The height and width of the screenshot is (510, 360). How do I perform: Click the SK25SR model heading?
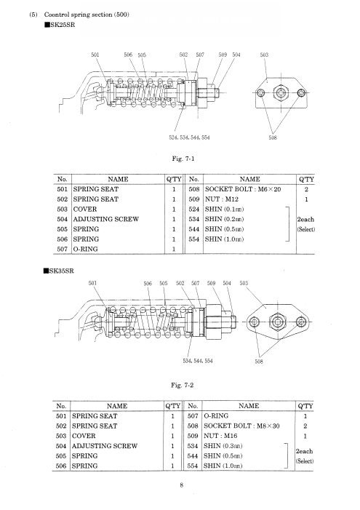click(x=60, y=25)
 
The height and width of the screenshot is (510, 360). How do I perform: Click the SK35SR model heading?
click(x=59, y=271)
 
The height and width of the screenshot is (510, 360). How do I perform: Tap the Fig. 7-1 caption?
click(x=183, y=159)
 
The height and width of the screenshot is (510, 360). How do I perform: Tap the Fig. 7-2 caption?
click(x=182, y=386)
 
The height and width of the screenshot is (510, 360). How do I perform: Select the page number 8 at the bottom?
click(x=182, y=485)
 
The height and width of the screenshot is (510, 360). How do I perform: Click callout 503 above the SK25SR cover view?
click(x=265, y=55)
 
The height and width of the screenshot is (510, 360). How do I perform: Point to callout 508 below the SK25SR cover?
click(x=273, y=138)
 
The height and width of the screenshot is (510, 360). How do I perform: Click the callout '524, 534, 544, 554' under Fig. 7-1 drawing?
click(x=189, y=138)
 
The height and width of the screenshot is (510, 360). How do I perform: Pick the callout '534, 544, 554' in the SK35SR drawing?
click(x=198, y=361)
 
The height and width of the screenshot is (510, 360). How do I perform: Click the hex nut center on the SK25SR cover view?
click(x=281, y=93)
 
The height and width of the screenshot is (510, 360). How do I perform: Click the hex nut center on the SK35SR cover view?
click(x=277, y=322)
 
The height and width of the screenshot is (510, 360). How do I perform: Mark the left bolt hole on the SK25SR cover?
click(x=261, y=93)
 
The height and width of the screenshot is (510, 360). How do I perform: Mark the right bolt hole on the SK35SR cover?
click(x=301, y=322)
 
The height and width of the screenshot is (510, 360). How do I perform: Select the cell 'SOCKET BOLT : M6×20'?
click(x=243, y=189)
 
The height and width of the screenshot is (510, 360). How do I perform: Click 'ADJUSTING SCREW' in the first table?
click(x=106, y=219)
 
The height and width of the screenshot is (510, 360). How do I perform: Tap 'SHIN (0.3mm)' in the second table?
click(x=223, y=446)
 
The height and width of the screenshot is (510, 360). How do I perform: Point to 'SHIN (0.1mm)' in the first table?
click(x=225, y=209)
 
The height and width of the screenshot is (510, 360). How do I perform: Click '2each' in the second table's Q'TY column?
click(x=305, y=452)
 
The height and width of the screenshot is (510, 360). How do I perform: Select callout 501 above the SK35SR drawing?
click(x=92, y=283)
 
